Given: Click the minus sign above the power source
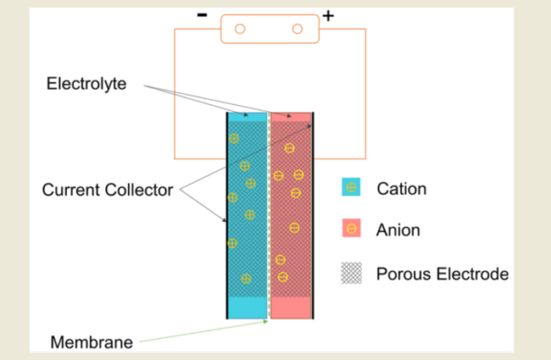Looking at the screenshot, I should click(x=203, y=14).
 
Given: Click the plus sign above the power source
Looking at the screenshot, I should click(x=328, y=15).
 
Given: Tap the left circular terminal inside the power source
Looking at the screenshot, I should click(x=240, y=29).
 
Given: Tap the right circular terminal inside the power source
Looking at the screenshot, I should click(x=297, y=29).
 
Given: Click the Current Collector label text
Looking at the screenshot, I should click(x=107, y=190).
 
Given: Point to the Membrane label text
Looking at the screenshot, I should click(x=91, y=342).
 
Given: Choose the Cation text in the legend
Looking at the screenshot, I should click(x=401, y=188).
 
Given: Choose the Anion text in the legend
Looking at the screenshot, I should click(x=398, y=230).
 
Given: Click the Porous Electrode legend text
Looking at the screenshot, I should click(x=442, y=274).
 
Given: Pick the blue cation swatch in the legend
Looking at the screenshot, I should click(x=351, y=187).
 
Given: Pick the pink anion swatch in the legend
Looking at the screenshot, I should click(x=351, y=229).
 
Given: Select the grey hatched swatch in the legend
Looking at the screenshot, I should click(x=351, y=273).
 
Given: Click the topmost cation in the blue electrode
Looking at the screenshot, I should click(x=233, y=139).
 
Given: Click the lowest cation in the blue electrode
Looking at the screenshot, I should click(x=246, y=278).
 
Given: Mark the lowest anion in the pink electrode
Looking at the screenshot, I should click(x=283, y=276).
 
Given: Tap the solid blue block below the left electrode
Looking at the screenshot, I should click(x=247, y=307).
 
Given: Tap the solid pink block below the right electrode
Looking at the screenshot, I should click(x=291, y=307).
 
